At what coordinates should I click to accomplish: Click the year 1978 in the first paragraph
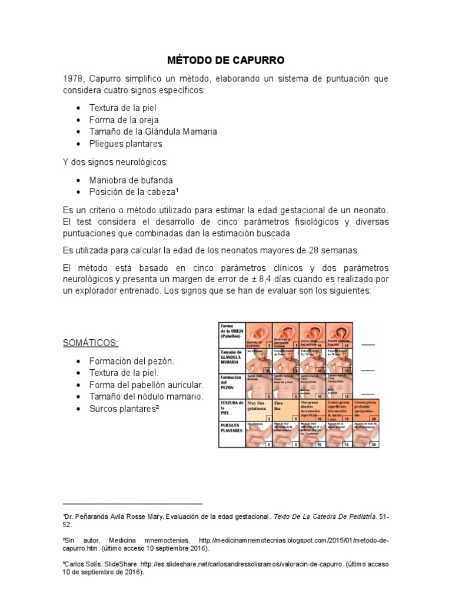coord(74,79)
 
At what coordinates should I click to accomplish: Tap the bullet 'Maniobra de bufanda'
coord(131,180)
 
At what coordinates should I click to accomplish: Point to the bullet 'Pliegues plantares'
coord(125,144)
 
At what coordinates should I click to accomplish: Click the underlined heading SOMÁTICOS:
coord(89,343)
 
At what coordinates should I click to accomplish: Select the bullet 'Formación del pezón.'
coord(132,361)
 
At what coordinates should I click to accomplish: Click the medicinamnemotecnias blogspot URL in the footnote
coord(294,541)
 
